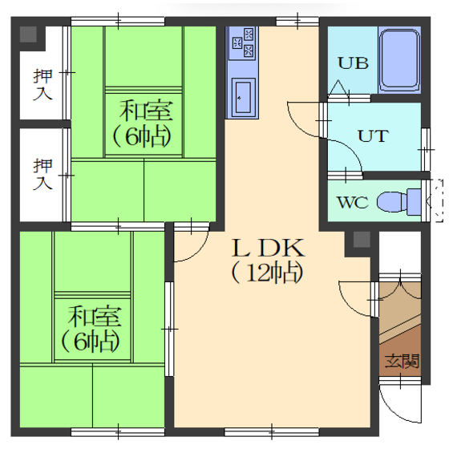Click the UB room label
tap(353, 63)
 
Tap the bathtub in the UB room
tap(400, 60)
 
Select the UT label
tap(374, 136)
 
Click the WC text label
tap(353, 202)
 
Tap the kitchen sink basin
tap(243, 96)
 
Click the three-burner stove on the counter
tap(243, 42)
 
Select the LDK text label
tap(268, 248)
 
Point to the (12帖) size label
tap(267, 272)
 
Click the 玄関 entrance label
tap(402, 361)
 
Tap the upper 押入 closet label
tap(42, 85)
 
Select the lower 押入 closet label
tap(42, 174)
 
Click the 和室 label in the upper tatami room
tap(146, 111)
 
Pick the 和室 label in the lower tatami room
tap(95, 317)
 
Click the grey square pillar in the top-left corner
tap(28, 34)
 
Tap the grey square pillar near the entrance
tap(362, 240)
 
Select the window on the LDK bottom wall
tap(272, 432)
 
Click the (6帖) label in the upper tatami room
tap(143, 136)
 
